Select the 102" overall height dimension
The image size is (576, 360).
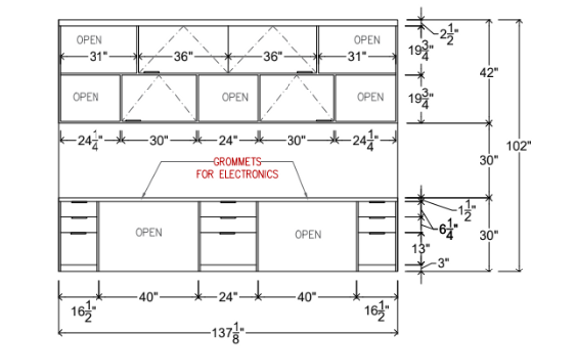[518, 146]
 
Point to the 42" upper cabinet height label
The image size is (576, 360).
[489, 73]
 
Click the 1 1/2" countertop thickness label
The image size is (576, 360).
[467, 211]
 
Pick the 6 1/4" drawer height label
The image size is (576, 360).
[448, 229]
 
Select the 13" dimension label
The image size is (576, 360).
[421, 249]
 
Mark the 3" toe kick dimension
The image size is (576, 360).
[443, 263]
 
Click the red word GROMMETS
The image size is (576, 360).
[237, 162]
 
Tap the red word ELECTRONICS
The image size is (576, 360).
[249, 174]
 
